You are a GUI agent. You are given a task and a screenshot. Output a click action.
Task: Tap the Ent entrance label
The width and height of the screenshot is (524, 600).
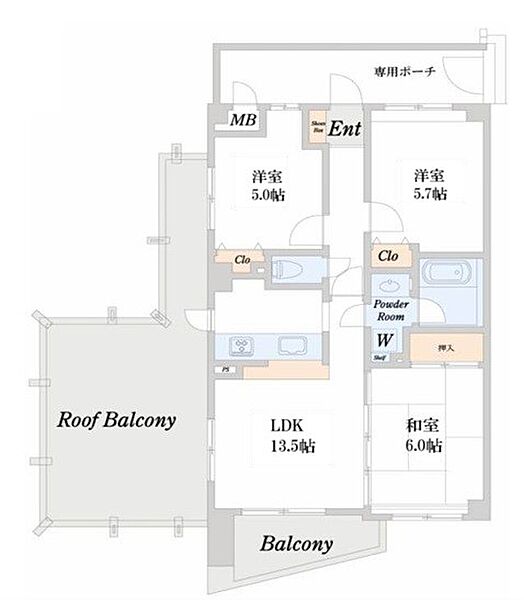click(x=345, y=128)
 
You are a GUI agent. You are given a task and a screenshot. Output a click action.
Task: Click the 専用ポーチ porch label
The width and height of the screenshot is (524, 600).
click(x=405, y=72)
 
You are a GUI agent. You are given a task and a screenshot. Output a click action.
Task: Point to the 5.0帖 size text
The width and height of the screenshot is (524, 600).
click(x=267, y=195)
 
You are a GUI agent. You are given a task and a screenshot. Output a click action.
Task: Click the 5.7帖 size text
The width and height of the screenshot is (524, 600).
click(x=431, y=193)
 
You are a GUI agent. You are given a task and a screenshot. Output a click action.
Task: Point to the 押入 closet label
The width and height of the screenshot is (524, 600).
click(x=447, y=348)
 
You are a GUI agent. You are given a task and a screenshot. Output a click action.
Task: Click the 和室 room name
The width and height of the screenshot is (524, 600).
click(x=419, y=424)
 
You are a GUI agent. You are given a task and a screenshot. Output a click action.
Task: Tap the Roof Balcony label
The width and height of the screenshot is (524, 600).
click(x=117, y=421)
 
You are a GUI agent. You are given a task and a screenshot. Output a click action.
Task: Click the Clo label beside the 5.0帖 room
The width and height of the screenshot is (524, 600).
click(x=241, y=260)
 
